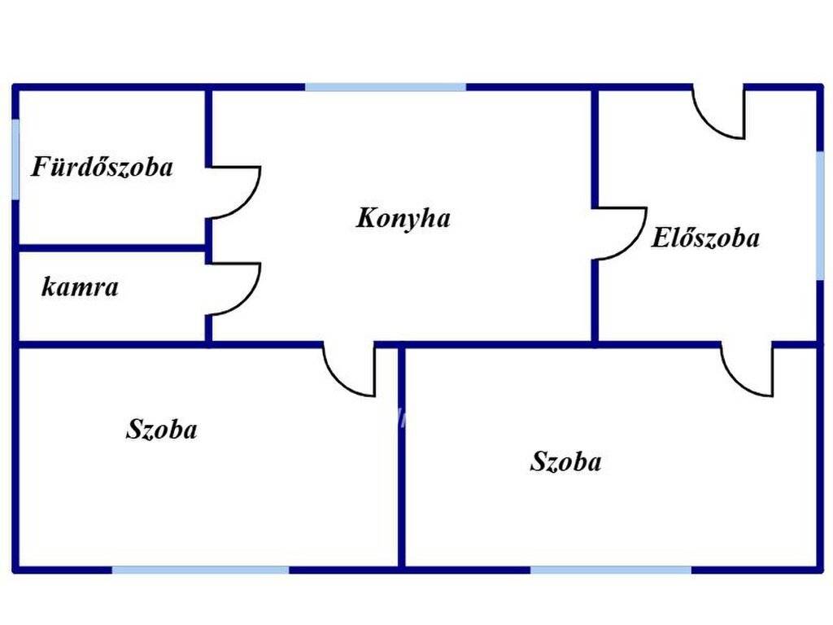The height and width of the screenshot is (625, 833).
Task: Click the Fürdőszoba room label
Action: tap(102, 166)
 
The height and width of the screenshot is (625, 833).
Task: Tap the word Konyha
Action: tap(403, 218)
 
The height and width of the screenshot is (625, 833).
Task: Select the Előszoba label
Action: tap(705, 238)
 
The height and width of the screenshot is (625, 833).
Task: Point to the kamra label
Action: tap(80, 287)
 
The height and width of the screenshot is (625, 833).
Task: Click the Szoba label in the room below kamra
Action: tap(162, 429)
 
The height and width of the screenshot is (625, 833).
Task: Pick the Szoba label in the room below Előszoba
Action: tap(566, 461)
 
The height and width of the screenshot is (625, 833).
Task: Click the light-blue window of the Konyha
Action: tap(386, 87)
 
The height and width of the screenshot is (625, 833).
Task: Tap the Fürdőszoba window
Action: tap(16, 159)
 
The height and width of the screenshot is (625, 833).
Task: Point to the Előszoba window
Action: tap(820, 215)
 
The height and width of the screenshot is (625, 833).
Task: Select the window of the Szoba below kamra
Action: tap(200, 570)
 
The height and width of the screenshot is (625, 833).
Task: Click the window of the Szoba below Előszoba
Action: tap(611, 570)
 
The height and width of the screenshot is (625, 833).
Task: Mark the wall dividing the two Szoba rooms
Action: tap(402, 457)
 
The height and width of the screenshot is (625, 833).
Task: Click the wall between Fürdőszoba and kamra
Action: tap(111, 247)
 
